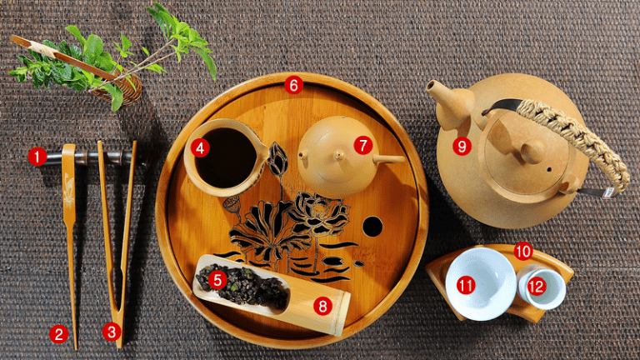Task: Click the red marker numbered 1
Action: click(x=37, y=157)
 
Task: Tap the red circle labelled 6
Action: click(x=294, y=85)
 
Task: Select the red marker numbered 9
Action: click(x=462, y=146)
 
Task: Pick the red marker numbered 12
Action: click(x=537, y=287)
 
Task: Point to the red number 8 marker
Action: click(x=322, y=306)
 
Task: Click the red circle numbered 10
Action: click(x=523, y=251)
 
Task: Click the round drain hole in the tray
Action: click(x=372, y=227)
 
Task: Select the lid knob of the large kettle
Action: click(x=532, y=151)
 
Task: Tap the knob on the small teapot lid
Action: click(x=339, y=155)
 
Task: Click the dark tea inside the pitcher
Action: click(x=225, y=158)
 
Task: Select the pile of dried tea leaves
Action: click(x=243, y=287)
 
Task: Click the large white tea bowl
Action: click(x=480, y=283)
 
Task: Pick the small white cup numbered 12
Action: click(x=542, y=287)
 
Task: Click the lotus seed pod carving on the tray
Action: click(x=232, y=204)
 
